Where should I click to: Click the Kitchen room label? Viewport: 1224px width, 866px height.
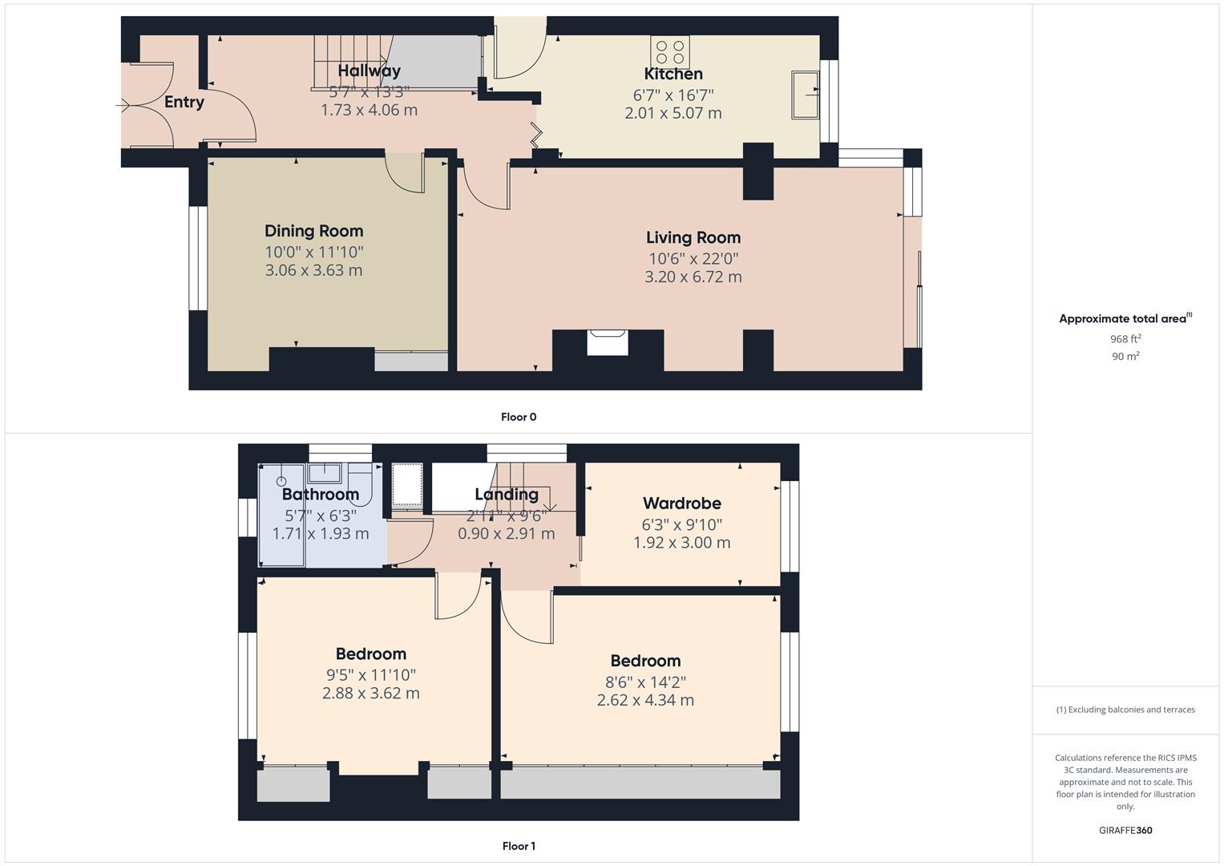point(673,74)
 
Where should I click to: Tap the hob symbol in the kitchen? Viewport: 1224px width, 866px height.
point(670,52)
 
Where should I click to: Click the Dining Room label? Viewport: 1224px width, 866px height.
point(313,231)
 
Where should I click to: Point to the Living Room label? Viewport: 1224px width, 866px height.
point(693,237)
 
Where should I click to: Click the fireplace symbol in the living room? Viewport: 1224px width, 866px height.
point(608,342)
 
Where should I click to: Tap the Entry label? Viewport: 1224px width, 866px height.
point(184,102)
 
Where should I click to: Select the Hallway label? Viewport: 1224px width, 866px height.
point(369,71)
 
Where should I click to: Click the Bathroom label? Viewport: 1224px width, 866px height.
point(320,494)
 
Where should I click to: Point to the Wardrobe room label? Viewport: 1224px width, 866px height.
point(681,504)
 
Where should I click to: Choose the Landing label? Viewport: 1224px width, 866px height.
point(506,494)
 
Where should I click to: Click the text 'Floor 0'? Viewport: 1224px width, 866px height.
point(519,417)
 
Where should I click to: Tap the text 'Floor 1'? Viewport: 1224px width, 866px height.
point(519,846)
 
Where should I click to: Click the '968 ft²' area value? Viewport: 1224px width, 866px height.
point(1125,339)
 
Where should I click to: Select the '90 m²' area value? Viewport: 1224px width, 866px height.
point(1125,356)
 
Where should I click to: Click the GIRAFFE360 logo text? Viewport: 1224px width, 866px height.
point(1125,830)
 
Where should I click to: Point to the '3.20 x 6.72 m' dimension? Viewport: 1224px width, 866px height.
point(693,277)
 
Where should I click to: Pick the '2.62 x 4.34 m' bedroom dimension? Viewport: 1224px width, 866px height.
point(645,700)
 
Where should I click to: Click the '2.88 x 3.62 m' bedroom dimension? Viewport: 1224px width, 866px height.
point(370,693)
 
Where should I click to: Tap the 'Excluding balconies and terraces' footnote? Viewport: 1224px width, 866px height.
point(1125,710)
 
